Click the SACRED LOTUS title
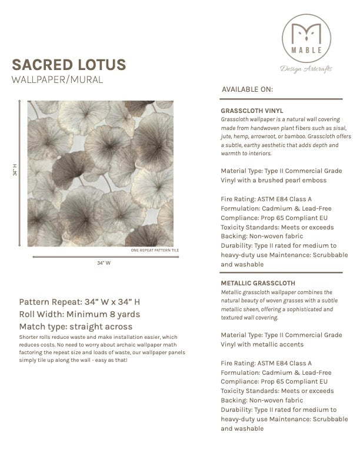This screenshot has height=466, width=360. [69, 64]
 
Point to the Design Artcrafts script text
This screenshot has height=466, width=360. [306, 69]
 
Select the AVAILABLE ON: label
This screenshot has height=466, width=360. [247, 89]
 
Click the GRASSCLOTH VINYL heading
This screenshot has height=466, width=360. [252, 110]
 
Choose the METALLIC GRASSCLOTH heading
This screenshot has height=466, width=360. [258, 283]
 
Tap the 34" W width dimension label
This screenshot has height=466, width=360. [104, 263]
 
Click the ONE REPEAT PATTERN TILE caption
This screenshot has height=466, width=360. [155, 250]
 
